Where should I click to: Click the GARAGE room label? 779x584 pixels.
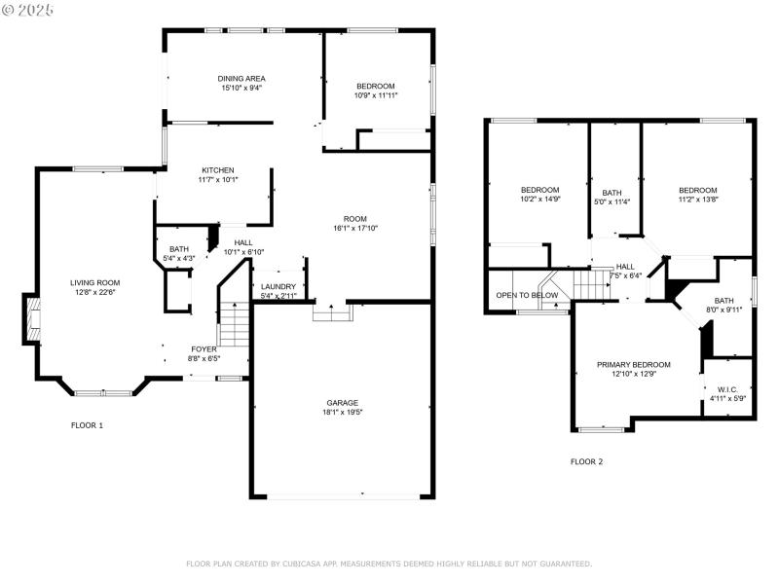[342, 402]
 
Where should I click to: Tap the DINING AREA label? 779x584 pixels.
[241, 78]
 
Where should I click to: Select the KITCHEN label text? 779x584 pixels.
[218, 169]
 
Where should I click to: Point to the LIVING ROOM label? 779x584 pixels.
[94, 283]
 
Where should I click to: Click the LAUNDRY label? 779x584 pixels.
[278, 286]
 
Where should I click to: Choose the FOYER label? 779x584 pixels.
[204, 348]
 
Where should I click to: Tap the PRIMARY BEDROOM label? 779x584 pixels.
[634, 364]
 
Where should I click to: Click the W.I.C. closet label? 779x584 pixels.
[725, 388]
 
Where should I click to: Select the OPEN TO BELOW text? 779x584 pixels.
[527, 295]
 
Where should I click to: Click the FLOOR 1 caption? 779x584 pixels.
[87, 425]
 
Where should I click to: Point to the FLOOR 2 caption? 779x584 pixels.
[586, 461]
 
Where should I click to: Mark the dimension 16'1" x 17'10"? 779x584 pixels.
[354, 229]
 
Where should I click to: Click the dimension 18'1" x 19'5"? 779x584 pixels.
[342, 412]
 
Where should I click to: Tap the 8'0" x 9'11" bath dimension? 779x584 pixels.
[723, 310]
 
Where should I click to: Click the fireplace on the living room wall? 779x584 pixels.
[32, 321]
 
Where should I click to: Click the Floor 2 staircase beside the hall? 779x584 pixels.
[589, 285]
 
